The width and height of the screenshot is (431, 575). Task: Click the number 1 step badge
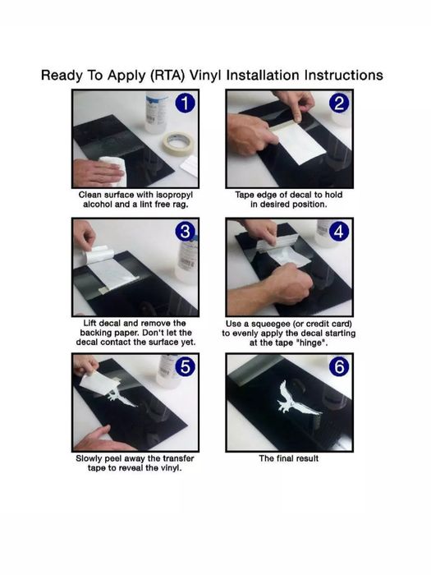point(185,103)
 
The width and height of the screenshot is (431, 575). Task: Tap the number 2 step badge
point(339,103)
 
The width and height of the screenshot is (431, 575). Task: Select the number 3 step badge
point(185,232)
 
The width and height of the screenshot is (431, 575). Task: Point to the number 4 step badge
point(339,232)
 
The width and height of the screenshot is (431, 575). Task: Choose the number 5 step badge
point(185,366)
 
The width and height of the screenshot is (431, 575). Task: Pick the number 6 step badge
point(339,366)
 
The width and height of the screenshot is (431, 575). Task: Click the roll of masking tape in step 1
point(178,145)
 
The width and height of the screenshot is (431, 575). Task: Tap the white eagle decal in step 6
point(296,399)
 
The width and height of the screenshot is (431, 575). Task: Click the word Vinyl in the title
point(205,76)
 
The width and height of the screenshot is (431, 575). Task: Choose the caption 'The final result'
point(288,458)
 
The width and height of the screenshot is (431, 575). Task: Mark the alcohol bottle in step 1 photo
point(156,112)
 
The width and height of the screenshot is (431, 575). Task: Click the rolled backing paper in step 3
point(97,254)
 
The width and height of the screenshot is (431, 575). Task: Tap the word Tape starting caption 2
point(244,195)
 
